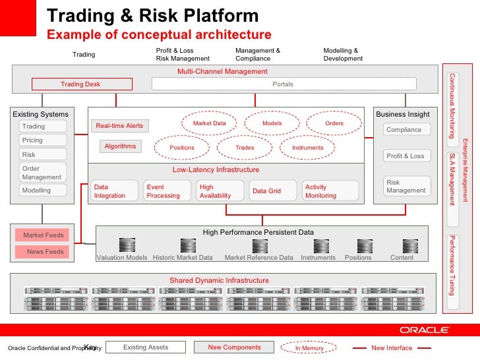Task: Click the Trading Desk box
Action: click(x=80, y=84)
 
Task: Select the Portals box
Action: click(x=284, y=84)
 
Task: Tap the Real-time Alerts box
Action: click(x=119, y=126)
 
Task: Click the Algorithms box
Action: click(x=120, y=146)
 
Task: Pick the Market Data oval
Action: click(x=210, y=123)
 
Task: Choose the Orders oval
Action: click(x=334, y=123)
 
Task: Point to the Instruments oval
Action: click(x=308, y=148)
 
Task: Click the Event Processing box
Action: click(x=168, y=191)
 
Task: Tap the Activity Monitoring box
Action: click(x=330, y=191)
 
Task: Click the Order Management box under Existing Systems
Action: click(x=44, y=173)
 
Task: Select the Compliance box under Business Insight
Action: click(x=404, y=130)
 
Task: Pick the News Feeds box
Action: click(x=45, y=251)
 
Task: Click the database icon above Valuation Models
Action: click(x=123, y=245)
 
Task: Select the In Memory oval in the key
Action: click(x=309, y=347)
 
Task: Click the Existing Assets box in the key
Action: click(x=146, y=347)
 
